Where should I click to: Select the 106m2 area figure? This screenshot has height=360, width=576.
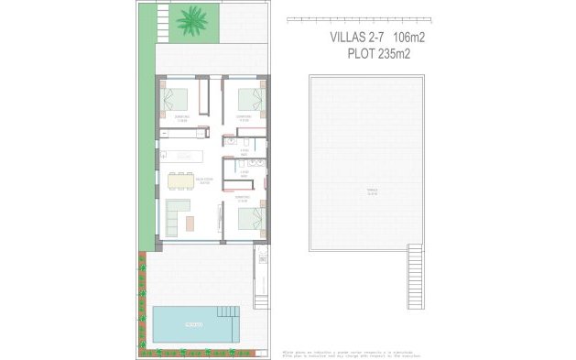409,38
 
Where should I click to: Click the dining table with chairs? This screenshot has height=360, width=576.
181,180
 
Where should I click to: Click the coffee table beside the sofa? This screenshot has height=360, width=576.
190,221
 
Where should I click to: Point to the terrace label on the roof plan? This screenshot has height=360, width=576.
372,192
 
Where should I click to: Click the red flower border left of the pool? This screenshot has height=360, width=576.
142,302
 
